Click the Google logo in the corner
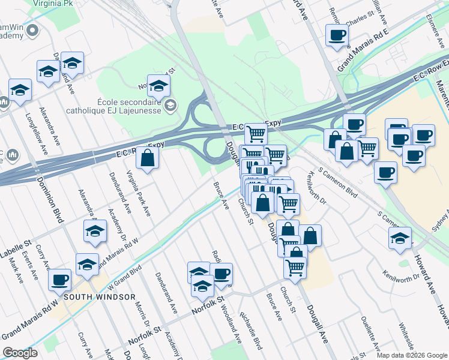(20, 353)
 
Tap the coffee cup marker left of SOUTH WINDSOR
(59, 279)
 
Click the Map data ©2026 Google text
(411, 355)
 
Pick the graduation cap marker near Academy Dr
(95, 231)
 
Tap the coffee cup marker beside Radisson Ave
(221, 274)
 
